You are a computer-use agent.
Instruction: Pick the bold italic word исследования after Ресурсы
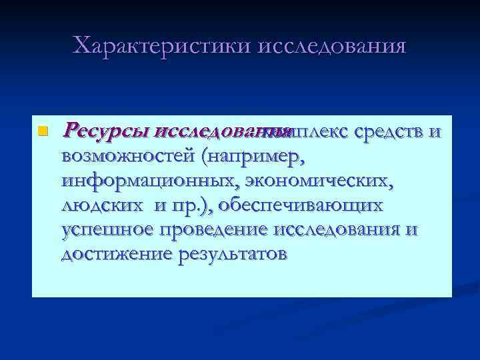[212, 130]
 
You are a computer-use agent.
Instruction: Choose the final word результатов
[232, 254]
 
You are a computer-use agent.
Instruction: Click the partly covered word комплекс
[303, 130]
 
